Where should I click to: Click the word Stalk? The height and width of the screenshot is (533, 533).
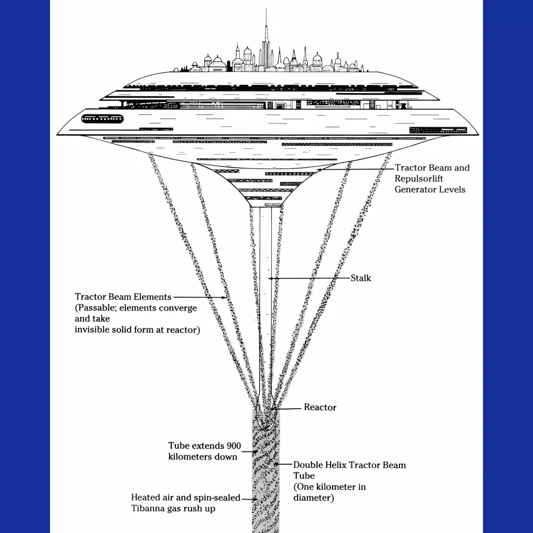click(361, 278)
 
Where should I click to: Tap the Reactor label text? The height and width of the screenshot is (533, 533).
click(320, 407)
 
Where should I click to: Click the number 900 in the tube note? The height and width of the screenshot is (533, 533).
click(234, 446)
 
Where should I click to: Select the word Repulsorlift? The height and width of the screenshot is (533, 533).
click(419, 179)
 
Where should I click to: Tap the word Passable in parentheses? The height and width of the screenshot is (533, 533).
click(96, 308)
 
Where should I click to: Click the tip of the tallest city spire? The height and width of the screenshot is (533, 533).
click(266, 8)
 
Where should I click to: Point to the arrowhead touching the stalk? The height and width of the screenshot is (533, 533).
click(270, 278)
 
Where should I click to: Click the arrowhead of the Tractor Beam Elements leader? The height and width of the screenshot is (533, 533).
click(225, 297)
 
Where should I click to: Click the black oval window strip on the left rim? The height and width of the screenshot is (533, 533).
click(103, 119)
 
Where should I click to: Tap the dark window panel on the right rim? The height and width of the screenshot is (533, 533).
click(438, 130)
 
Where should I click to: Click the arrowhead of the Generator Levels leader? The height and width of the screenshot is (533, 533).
click(319, 169)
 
